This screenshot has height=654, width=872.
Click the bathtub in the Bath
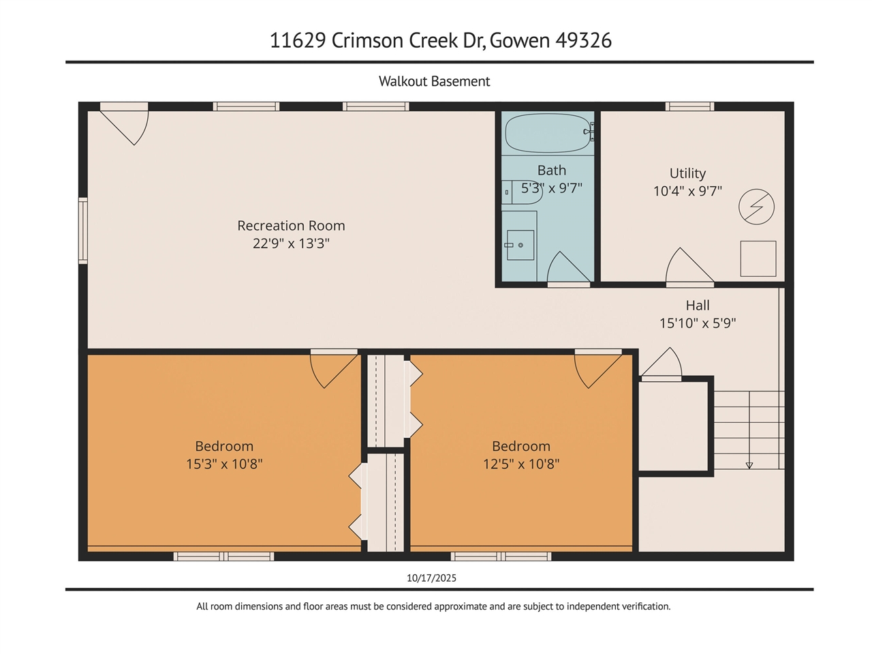click(x=548, y=134)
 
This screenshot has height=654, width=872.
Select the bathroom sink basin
click(x=520, y=245)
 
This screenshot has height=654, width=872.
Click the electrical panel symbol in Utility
click(x=756, y=207)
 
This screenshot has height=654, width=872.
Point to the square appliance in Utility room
click(x=758, y=258)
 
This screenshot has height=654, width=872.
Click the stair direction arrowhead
click(x=749, y=466)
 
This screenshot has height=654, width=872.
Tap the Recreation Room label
click(x=291, y=226)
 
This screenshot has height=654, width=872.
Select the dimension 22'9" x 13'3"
click(x=291, y=243)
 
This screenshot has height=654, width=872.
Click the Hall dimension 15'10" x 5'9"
click(x=698, y=323)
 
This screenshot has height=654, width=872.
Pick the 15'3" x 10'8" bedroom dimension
click(x=224, y=464)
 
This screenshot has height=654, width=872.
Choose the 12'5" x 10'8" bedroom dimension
click(x=521, y=464)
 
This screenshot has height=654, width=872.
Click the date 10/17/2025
click(x=431, y=578)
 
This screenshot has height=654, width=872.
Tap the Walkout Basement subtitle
click(x=434, y=81)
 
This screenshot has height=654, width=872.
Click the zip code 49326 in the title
click(x=583, y=40)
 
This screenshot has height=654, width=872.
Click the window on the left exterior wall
click(x=82, y=231)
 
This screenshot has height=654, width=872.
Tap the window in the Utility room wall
click(x=689, y=106)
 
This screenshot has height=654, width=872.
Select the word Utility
click(x=687, y=173)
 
